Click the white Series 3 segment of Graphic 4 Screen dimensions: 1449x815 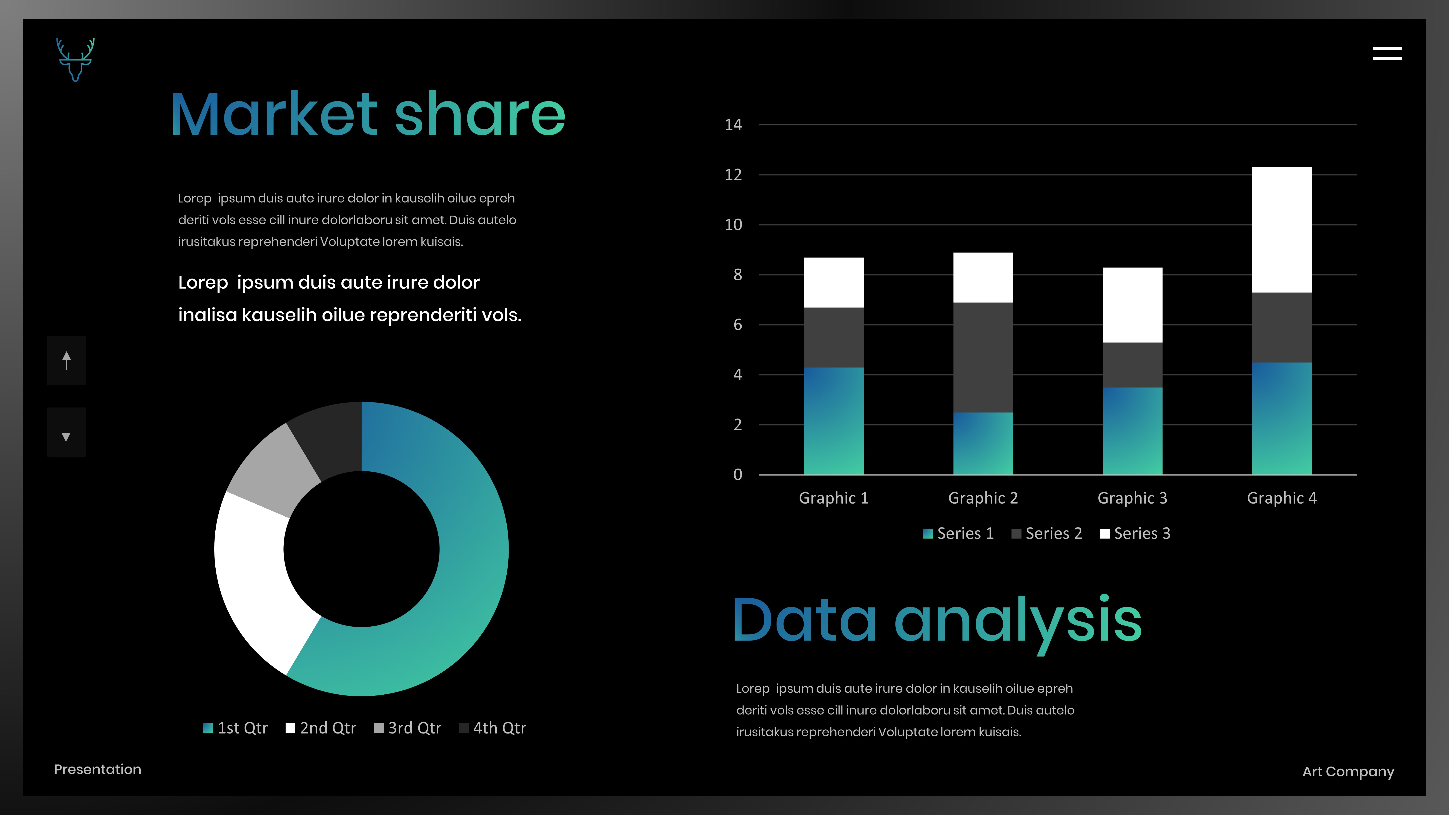[1282, 230]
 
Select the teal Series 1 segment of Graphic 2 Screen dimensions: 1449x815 [983, 443]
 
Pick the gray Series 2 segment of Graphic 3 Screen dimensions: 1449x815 [1132, 365]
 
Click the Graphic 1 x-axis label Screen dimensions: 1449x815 [834, 498]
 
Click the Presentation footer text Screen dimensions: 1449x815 [97, 769]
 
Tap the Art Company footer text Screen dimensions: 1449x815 [1348, 772]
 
